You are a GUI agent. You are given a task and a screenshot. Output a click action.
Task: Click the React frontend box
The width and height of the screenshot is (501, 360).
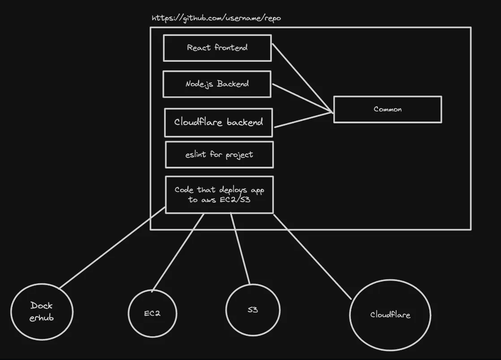(217, 48)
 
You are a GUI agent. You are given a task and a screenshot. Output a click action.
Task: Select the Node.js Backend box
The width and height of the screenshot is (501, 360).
(217, 84)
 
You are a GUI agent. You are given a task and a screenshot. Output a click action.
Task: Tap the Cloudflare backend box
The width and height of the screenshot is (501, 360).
(218, 122)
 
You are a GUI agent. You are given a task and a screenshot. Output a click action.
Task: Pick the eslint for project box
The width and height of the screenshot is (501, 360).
(219, 155)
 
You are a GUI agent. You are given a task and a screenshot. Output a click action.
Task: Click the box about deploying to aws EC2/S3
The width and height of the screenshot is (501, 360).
(219, 195)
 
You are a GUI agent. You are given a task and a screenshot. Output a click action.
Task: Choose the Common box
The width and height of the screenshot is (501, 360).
(388, 109)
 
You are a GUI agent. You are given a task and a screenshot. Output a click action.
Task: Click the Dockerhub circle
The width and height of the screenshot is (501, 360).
(41, 312)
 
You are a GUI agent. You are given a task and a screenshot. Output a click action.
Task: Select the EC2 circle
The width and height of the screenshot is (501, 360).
(152, 313)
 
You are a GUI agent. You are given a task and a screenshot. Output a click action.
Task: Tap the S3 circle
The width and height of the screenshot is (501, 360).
(253, 310)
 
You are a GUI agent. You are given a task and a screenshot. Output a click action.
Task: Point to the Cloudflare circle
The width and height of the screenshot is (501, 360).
(390, 315)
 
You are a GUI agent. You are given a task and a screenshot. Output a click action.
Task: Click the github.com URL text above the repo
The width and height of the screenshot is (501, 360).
(216, 18)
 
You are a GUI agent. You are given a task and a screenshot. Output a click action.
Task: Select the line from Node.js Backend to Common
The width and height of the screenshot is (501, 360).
(302, 97)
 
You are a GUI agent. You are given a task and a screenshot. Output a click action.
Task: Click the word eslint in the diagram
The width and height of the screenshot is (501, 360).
(195, 155)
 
